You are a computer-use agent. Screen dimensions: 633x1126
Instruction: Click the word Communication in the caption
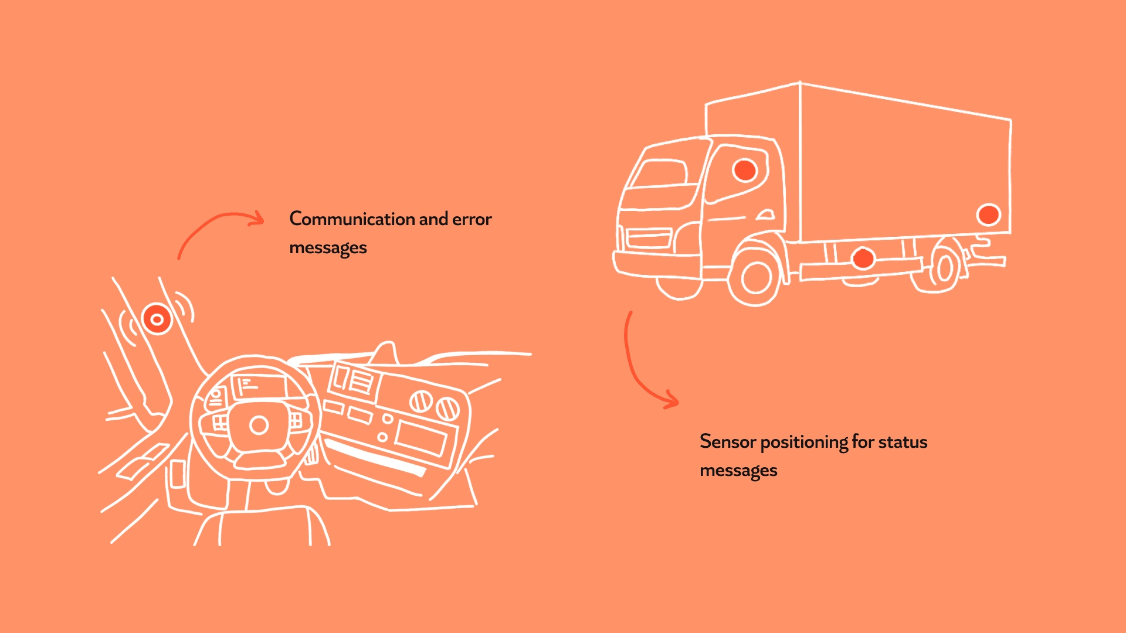(352, 219)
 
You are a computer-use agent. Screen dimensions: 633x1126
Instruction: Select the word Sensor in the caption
(727, 442)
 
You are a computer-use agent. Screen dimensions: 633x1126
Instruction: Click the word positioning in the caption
(803, 443)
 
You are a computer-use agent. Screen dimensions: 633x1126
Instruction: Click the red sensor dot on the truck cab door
(745, 170)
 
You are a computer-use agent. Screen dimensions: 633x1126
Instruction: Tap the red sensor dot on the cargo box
(989, 215)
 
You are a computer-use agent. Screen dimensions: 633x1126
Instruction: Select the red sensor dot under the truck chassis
(863, 258)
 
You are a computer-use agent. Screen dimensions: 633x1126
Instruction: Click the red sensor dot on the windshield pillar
(157, 319)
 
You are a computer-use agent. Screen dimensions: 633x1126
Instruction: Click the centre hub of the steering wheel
(259, 425)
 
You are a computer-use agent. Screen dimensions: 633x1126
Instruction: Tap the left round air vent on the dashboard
(420, 401)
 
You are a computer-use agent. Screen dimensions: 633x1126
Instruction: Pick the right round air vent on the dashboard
(448, 408)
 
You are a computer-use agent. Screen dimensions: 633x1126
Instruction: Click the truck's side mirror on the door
(765, 215)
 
